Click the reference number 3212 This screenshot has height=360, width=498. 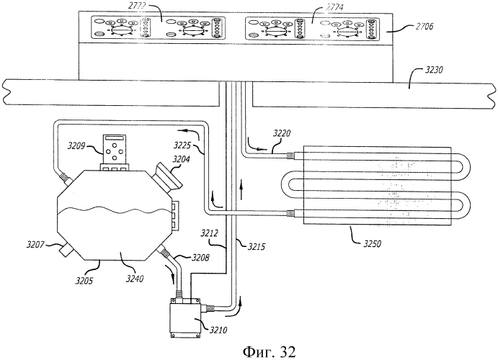point(211,233)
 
